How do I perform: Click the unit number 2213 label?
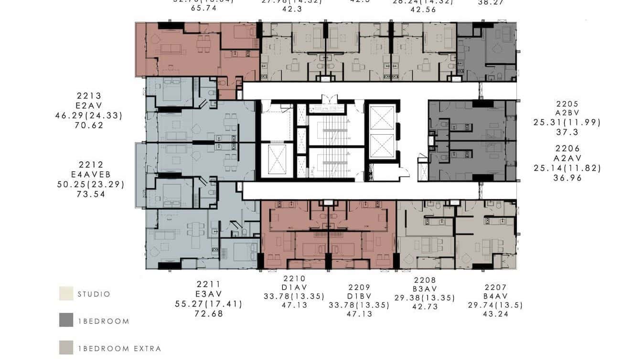89,96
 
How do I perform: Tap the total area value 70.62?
89,126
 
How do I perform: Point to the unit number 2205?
567,104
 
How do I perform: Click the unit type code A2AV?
567,158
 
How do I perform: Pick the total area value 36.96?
567,178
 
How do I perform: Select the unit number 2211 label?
208,284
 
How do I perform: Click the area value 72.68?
208,314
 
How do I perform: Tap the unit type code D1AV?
294,287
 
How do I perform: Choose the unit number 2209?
359,287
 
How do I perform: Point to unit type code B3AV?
425,289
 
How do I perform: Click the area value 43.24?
496,314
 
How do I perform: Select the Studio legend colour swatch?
66,294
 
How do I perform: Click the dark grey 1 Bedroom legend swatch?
66,320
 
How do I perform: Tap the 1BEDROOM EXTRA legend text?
119,349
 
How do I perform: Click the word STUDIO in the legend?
94,294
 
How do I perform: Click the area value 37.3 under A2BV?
567,132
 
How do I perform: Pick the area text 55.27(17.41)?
208,304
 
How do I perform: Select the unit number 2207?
496,287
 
